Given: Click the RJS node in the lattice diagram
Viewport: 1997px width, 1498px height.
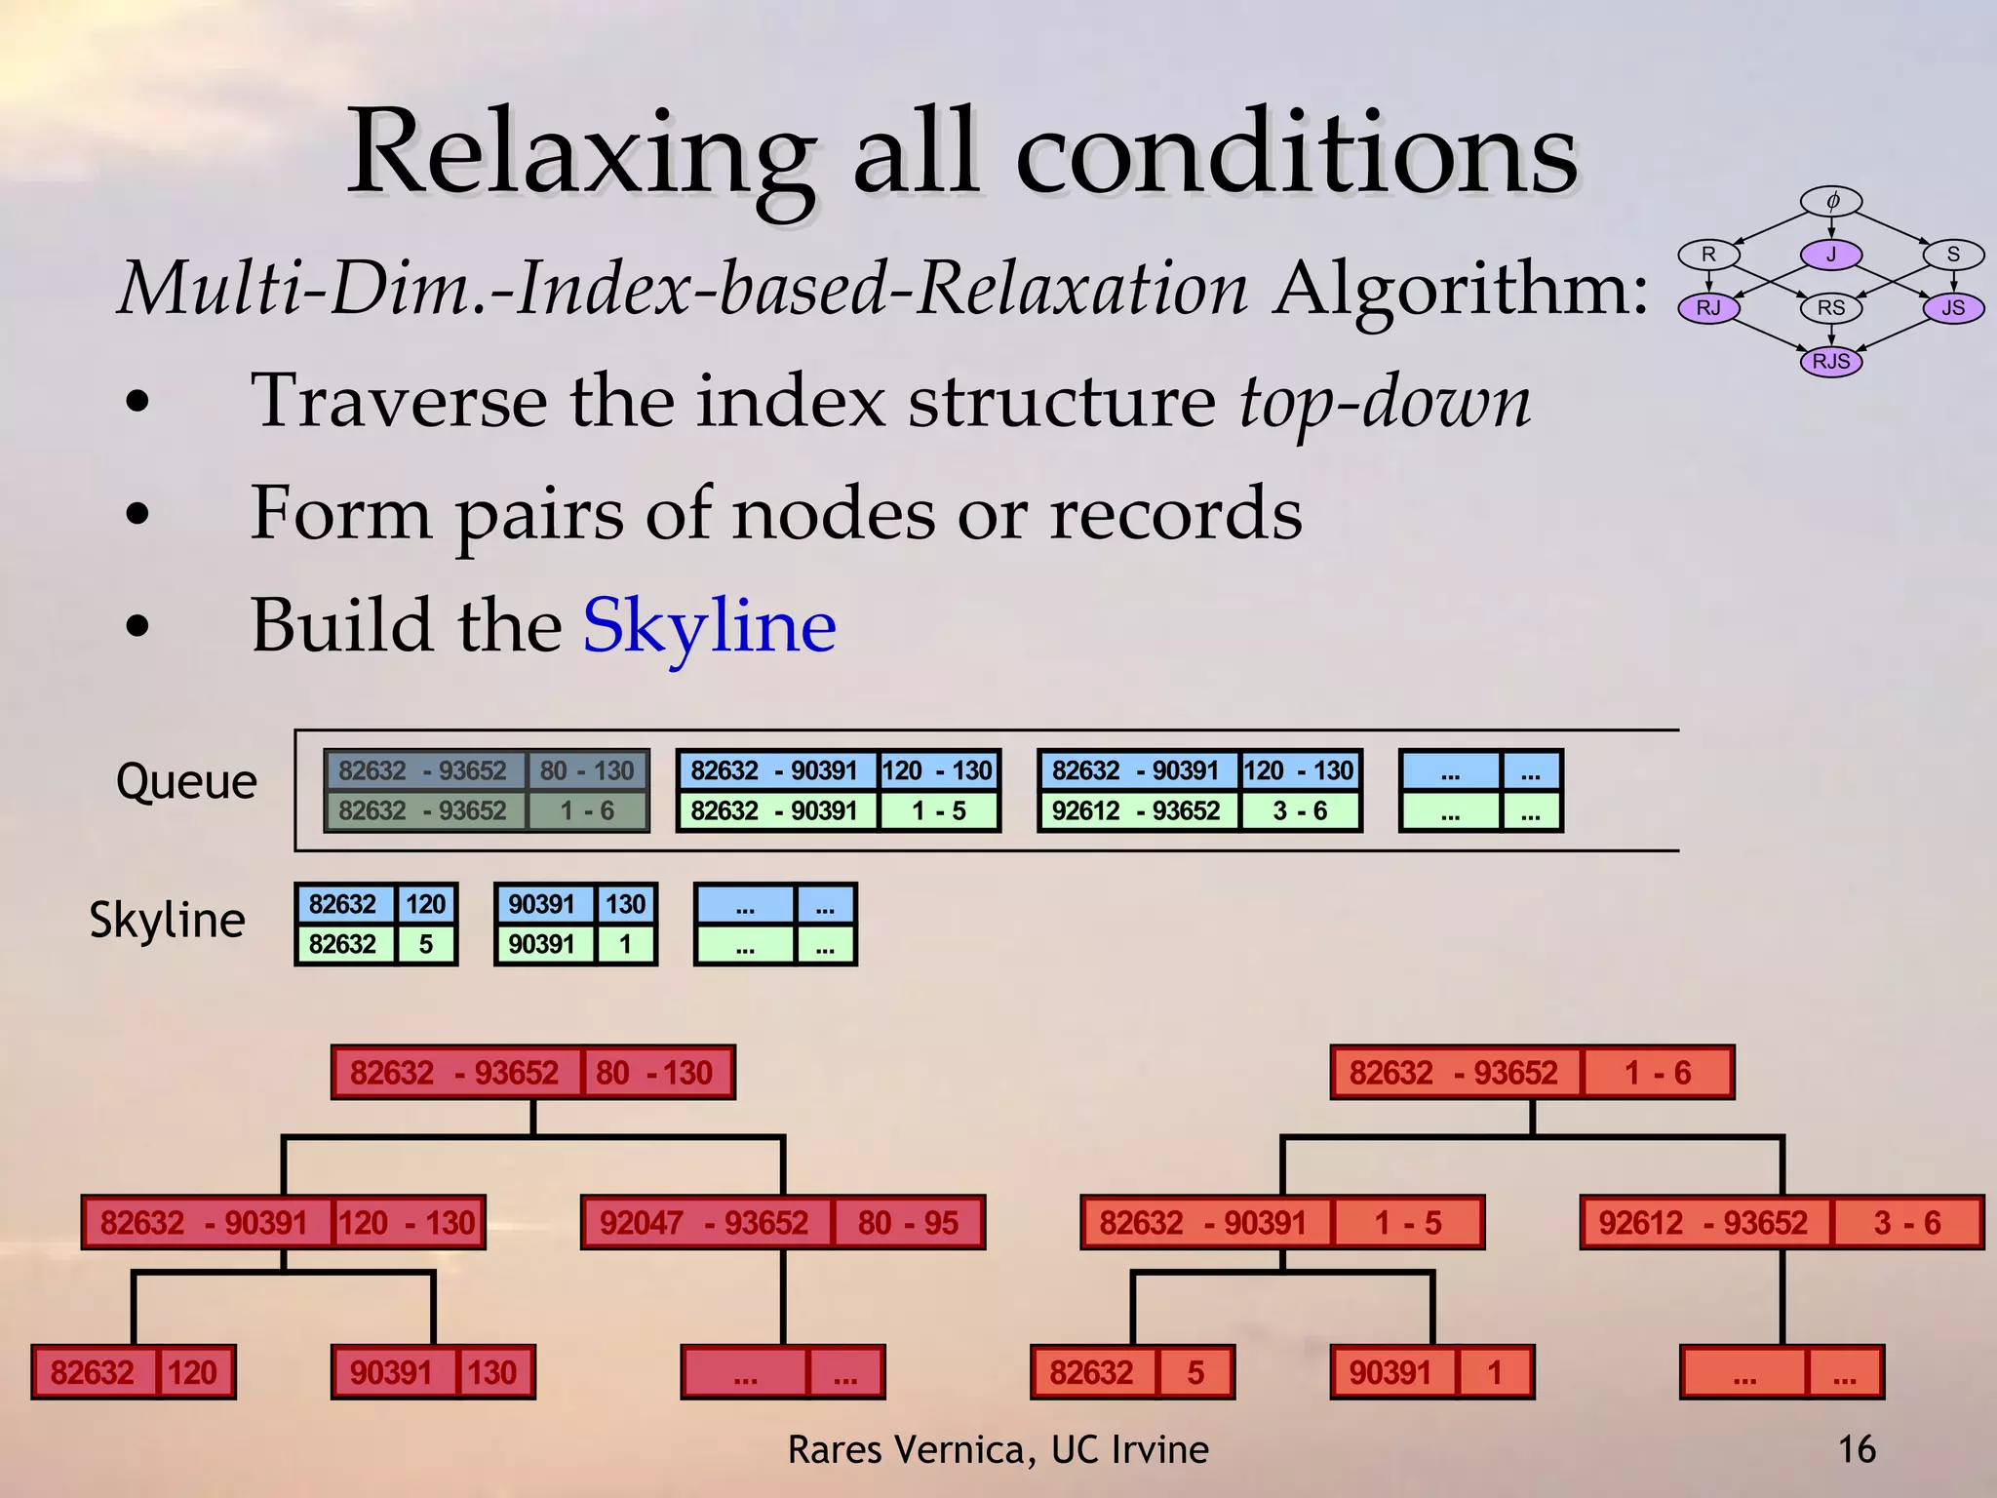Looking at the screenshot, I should pos(1830,362).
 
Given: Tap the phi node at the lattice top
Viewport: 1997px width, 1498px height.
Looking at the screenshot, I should pos(1831,202).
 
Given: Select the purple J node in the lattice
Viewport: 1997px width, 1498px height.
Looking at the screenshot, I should pos(1830,256).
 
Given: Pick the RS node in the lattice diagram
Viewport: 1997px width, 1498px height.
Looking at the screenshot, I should pos(1830,308).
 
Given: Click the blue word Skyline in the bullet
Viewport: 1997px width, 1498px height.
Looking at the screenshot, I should pos(709,625).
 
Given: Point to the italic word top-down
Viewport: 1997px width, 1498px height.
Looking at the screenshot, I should pos(1385,402).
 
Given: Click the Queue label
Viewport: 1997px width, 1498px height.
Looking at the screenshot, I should pos(186,781).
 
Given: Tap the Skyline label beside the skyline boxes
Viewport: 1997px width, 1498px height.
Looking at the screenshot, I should pos(167,920).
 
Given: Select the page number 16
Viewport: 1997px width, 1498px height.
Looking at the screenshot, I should pos(1856,1449).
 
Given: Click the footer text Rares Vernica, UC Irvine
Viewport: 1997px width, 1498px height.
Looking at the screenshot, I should pos(998,1450).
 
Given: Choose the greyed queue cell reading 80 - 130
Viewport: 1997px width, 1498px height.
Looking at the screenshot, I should pos(587,770).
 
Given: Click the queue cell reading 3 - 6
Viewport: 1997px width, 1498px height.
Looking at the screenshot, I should pos(1300,811).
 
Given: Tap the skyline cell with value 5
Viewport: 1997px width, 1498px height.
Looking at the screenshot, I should pos(426,944).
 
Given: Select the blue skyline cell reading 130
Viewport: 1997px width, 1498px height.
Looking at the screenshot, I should pos(625,904).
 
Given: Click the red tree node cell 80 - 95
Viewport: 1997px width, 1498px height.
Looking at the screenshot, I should pos(908,1223).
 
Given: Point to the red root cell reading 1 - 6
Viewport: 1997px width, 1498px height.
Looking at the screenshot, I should pos(1658,1073).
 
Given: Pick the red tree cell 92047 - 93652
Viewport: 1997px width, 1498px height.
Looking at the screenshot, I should pos(705,1223).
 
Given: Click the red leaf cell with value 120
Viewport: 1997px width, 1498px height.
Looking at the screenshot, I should pos(193,1373).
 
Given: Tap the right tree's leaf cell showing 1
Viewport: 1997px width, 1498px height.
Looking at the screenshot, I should pos(1494,1373).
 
